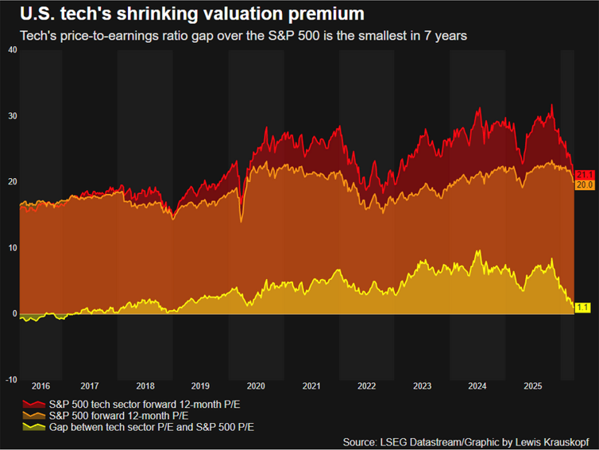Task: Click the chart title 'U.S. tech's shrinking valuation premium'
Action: (191, 14)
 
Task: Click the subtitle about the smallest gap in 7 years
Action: (243, 36)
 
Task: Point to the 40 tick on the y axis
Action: (13, 50)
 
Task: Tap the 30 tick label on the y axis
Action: (13, 116)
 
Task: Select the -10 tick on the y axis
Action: (11, 380)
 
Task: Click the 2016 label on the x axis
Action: (41, 386)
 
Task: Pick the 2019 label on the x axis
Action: (200, 386)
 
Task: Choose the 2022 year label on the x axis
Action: (367, 386)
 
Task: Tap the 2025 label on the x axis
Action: (533, 386)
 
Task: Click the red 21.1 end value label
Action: (585, 175)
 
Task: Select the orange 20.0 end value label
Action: (585, 185)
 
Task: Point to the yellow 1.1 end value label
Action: (582, 308)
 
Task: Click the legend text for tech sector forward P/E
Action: (145, 405)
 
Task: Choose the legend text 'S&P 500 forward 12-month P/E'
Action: (118, 416)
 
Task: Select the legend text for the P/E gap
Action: (151, 428)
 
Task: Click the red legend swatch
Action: (34, 404)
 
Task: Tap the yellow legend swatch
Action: (34, 427)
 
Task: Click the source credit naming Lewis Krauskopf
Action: (466, 442)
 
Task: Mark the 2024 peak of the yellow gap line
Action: (479, 250)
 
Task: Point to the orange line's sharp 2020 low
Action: (241, 221)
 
